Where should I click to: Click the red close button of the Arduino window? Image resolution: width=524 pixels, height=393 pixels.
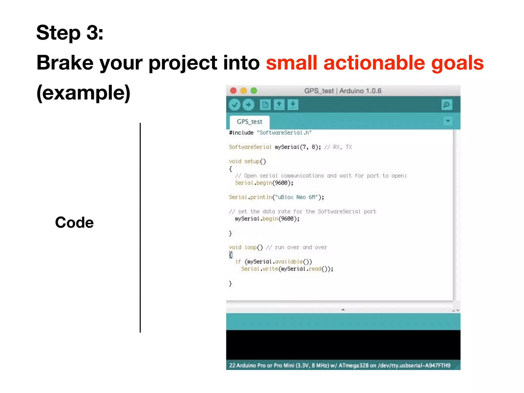pos(233,91)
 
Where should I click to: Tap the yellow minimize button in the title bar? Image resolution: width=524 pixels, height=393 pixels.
pos(244,91)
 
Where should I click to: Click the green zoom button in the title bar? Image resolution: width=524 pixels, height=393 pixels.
pos(254,91)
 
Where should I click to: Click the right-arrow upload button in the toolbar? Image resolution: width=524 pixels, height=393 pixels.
pos(248,105)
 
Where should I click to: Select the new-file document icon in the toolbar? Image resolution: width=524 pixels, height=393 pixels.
pos(265,105)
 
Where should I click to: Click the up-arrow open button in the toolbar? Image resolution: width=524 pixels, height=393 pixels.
pos(279,105)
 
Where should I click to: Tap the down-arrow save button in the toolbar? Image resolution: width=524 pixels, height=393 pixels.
pos(293,105)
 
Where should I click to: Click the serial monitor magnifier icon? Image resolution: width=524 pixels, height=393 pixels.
pos(447,105)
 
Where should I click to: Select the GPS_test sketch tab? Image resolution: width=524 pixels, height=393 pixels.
pos(249,122)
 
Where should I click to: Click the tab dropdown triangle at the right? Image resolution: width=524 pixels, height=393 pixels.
pos(448,121)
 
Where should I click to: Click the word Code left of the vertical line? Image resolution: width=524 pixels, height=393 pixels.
pos(74,222)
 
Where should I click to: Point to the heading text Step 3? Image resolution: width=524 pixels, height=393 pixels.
pos(70,33)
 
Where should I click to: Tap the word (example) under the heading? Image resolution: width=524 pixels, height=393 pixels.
pos(83,93)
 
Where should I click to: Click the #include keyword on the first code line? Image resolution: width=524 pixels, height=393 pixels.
pos(241,133)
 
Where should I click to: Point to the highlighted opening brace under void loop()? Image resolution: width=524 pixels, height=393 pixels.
pos(231,255)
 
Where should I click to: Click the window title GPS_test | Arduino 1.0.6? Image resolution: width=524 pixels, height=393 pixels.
pos(343,91)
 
